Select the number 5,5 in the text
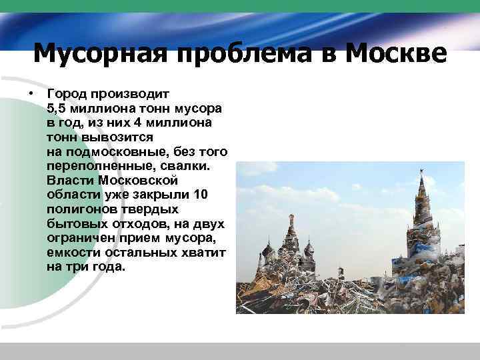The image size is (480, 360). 58,108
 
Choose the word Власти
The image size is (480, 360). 70,180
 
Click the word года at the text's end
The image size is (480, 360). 109,267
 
